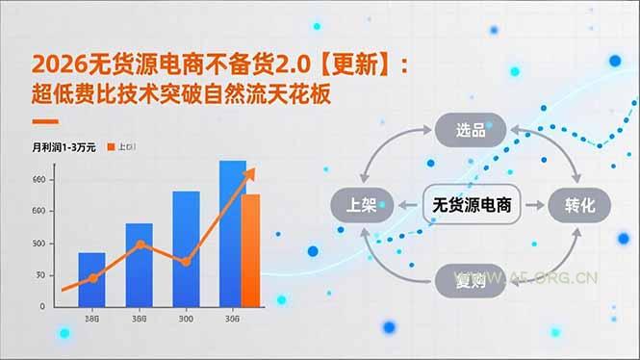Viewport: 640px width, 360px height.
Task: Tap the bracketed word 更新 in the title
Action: (x=356, y=64)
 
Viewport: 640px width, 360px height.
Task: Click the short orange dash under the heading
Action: (x=45, y=122)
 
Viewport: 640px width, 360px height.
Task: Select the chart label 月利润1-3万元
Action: (x=64, y=147)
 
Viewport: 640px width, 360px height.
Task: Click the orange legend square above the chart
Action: (x=112, y=147)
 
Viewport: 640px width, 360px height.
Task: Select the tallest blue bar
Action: (x=232, y=233)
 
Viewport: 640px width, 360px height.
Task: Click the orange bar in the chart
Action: (x=251, y=250)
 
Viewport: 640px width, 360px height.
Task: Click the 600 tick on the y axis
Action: (x=38, y=211)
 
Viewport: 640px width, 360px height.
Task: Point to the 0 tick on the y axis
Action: (x=41, y=306)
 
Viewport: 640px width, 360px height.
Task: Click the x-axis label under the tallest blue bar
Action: (x=232, y=320)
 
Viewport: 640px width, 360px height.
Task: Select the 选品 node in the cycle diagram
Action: (x=471, y=129)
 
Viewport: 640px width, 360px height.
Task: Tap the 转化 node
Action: (x=580, y=204)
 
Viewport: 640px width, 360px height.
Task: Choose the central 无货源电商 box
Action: (x=472, y=204)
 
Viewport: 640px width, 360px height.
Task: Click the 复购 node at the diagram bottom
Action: (x=471, y=280)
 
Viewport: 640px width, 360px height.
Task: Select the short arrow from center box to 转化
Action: (x=535, y=204)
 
